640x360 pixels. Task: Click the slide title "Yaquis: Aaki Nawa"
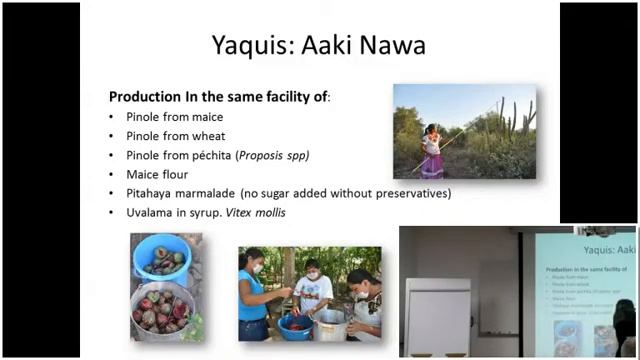[319, 46]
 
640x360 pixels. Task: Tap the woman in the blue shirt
[254, 290]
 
